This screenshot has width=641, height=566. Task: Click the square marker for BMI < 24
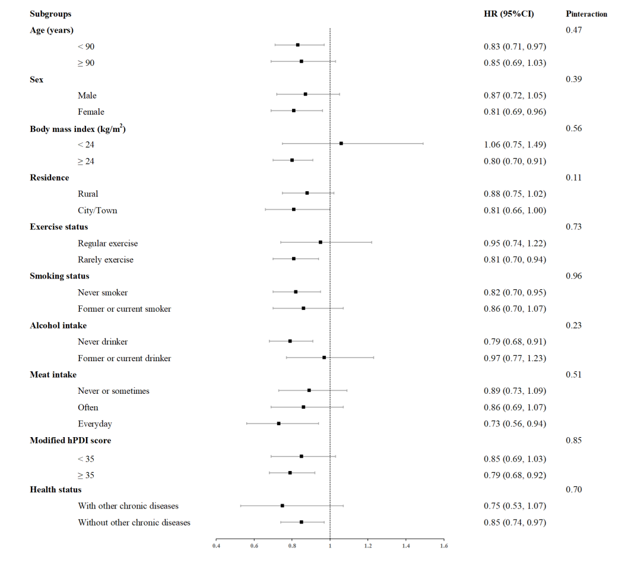tap(341, 143)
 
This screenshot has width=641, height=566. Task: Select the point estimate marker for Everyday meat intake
tap(278, 423)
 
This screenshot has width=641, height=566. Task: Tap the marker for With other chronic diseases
tap(282, 505)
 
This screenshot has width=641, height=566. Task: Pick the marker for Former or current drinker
tap(324, 358)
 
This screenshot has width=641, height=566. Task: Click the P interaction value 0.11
tap(573, 178)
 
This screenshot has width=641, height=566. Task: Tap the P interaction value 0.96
tap(573, 276)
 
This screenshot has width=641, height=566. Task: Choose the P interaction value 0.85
tap(573, 440)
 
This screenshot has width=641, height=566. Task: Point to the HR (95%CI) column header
tap(509, 14)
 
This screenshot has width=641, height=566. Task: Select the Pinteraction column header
tap(586, 14)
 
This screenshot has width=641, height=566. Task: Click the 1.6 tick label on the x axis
tap(444, 545)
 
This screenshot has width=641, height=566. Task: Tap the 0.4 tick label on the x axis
tap(216, 545)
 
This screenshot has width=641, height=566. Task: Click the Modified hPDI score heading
tap(70, 440)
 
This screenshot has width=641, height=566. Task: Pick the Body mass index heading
tap(78, 128)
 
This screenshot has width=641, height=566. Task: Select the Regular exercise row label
tap(107, 244)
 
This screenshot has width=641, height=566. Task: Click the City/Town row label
tap(97, 210)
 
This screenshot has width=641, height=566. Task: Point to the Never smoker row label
tap(103, 293)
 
